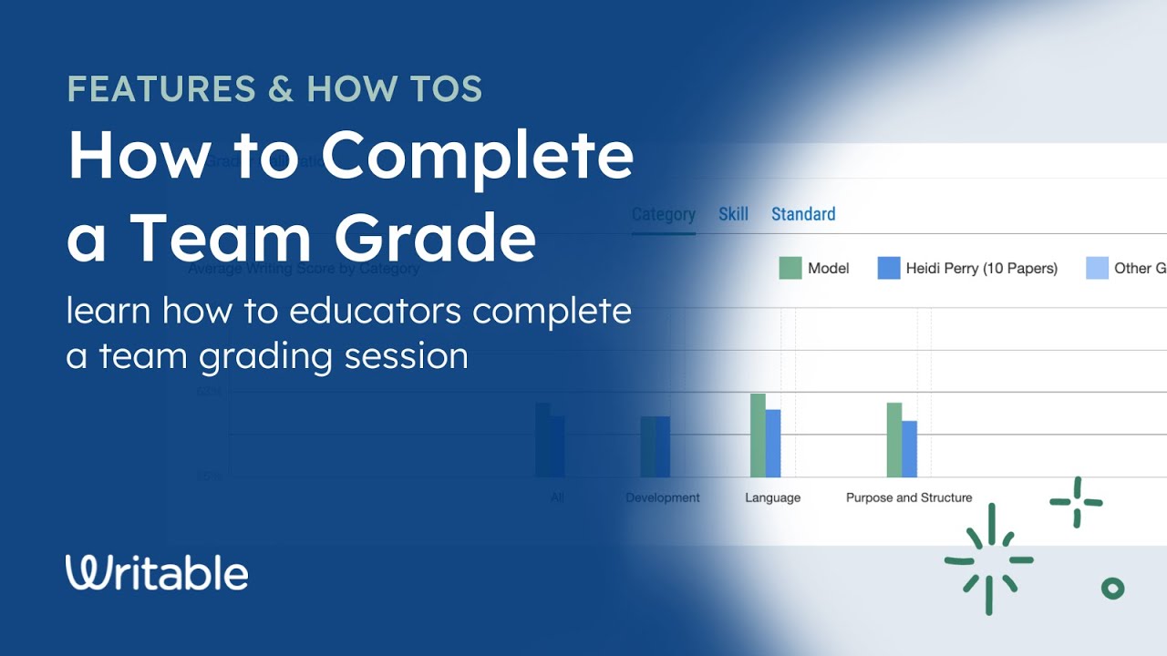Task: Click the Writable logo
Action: [157, 573]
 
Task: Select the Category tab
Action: [663, 214]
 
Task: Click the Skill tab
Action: [733, 214]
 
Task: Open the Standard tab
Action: [803, 214]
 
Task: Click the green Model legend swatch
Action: [790, 268]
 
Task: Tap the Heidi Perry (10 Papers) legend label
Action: [981, 268]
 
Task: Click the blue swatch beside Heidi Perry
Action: [889, 268]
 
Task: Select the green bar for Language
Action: [758, 436]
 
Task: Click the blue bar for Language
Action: [773, 444]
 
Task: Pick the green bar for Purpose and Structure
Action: [894, 440]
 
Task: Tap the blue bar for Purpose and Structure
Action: [910, 449]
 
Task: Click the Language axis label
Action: [772, 497]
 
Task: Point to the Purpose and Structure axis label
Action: [909, 497]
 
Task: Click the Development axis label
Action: [663, 497]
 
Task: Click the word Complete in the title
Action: [477, 156]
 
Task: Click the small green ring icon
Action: [1112, 589]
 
